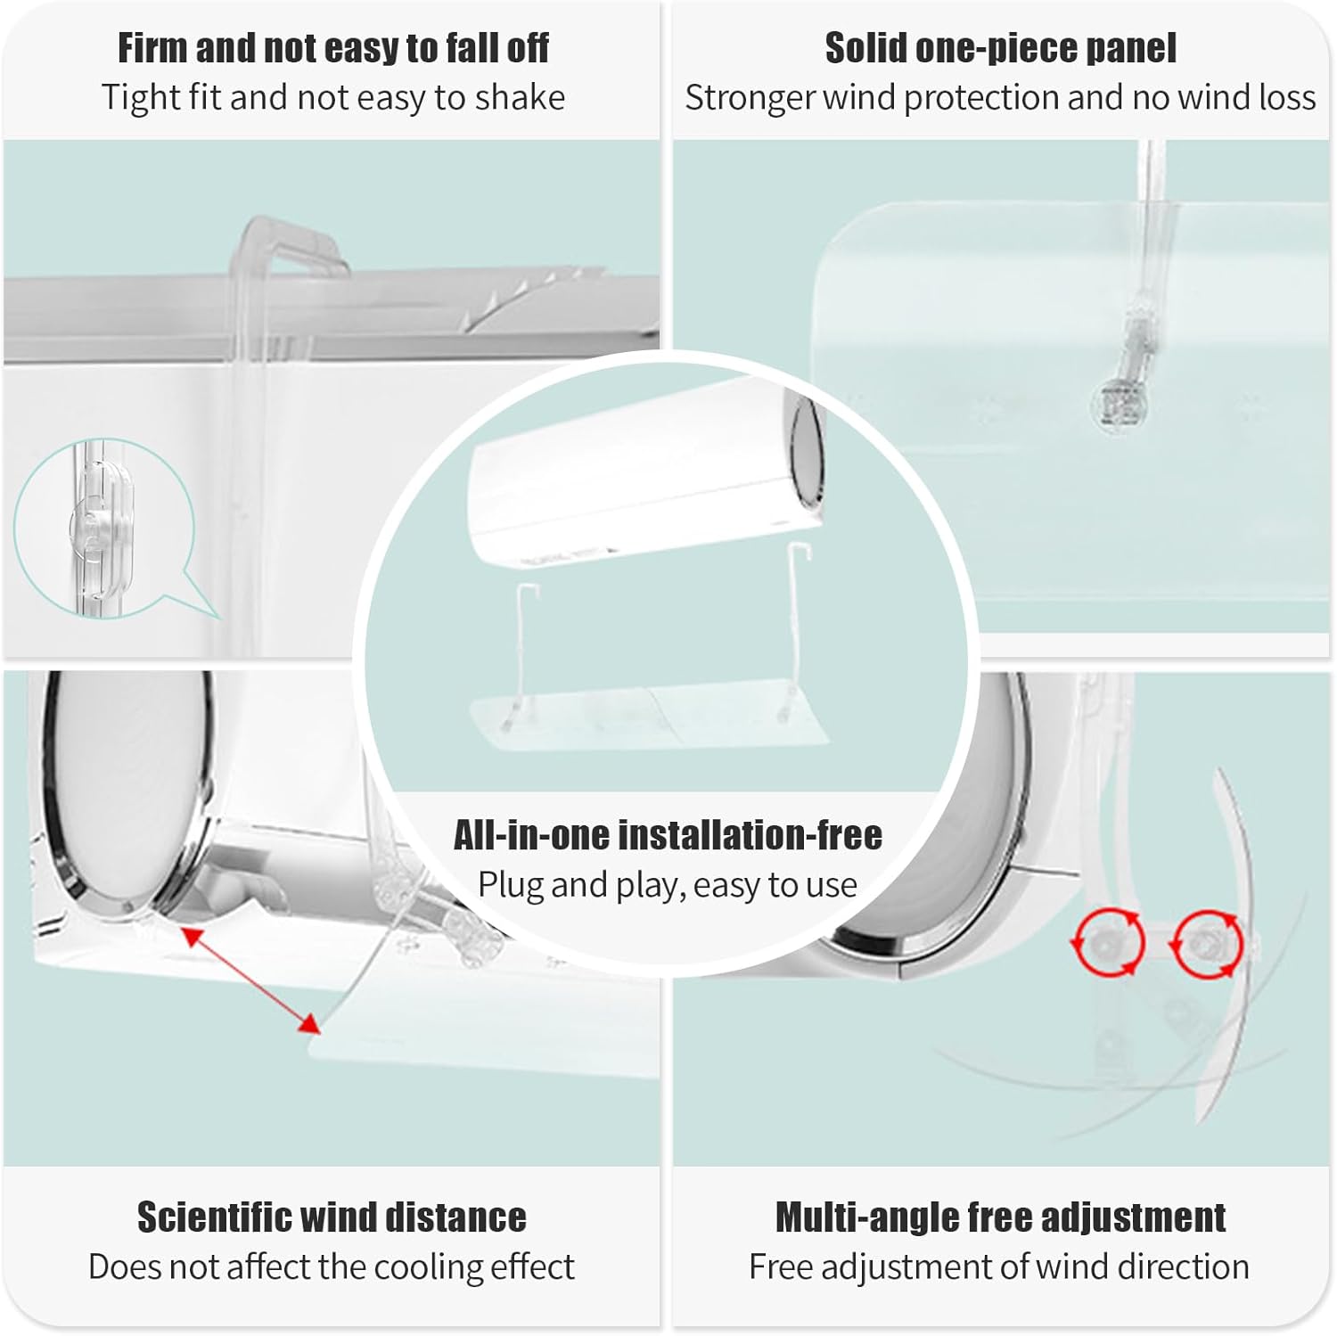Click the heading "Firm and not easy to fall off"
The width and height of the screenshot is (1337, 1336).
[333, 48]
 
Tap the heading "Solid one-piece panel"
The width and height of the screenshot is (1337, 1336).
[1000, 48]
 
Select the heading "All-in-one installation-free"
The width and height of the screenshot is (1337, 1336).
[668, 835]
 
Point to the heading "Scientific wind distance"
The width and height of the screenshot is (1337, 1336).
[332, 1217]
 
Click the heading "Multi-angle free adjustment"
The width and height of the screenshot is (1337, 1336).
[1000, 1217]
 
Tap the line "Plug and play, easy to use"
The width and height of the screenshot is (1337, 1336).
[668, 885]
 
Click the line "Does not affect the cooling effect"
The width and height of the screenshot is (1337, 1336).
[332, 1266]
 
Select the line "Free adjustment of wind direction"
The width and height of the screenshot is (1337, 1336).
[999, 1266]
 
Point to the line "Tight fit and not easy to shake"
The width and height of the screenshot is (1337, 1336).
[333, 97]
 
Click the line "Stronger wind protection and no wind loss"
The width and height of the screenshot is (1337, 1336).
[1000, 97]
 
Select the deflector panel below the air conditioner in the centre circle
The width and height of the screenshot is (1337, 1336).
[649, 713]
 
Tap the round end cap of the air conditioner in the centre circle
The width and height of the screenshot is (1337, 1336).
[805, 450]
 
